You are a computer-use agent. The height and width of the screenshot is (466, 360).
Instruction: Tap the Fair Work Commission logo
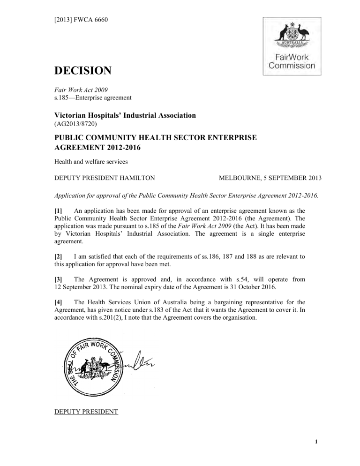(292, 45)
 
